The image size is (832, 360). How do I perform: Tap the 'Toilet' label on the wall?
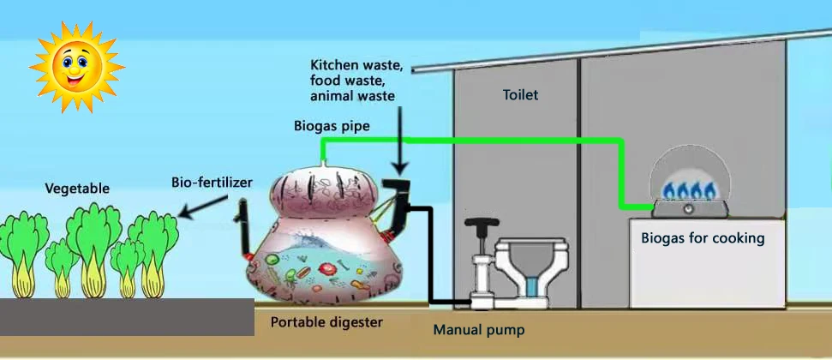520,95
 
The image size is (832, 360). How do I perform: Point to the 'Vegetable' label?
77,188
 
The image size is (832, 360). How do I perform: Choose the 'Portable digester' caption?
326,322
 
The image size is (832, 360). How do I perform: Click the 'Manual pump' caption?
478,329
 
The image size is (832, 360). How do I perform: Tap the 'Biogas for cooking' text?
703,237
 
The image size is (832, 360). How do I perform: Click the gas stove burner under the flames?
691,207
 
